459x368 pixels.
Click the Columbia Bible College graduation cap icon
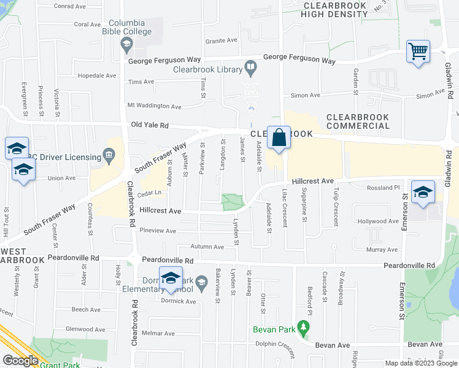pos(127,44)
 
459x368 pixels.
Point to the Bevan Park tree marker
pos(303,328)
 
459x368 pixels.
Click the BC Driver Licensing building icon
pos(110,153)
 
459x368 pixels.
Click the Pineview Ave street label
pos(158,231)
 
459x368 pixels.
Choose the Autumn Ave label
pos(207,247)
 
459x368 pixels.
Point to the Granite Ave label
pos(221,40)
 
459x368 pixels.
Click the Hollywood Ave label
pos(378,221)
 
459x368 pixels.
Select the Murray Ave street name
pos(382,250)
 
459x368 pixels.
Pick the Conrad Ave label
pos(70,6)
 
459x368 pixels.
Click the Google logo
pos(20,361)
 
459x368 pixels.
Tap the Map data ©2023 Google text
pos(421,363)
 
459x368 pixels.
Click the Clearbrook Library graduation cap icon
pos(251,66)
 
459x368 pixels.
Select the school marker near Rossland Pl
pos(422,192)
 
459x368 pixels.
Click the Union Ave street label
pos(61,178)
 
